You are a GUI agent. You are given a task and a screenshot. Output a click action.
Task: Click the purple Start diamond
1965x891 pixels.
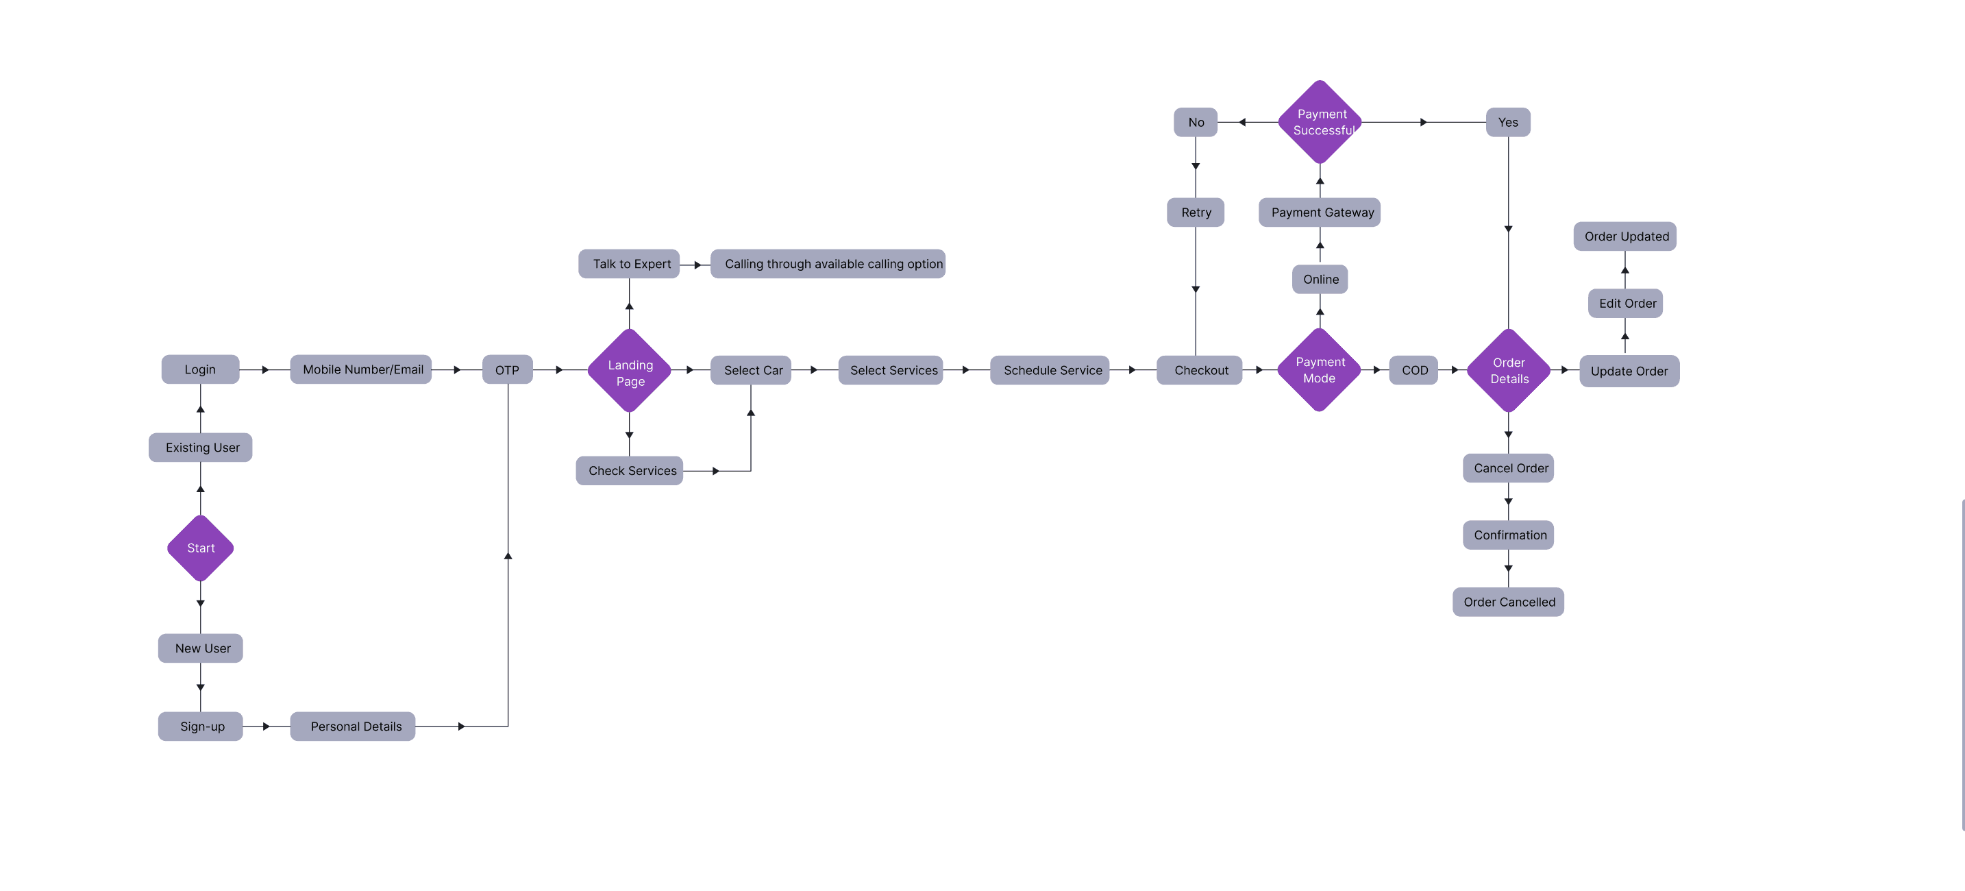201,548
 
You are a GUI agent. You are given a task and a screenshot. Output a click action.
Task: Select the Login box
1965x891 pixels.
200,369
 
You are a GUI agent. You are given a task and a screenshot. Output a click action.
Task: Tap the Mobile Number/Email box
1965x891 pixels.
362,369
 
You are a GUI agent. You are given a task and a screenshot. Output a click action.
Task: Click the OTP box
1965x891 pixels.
507,370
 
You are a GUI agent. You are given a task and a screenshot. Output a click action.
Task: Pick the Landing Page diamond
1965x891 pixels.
630,371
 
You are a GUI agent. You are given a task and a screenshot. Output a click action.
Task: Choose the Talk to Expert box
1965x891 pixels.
630,264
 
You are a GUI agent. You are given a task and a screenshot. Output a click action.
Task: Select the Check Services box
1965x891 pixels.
630,471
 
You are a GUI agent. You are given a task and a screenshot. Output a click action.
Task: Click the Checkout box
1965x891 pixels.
1200,370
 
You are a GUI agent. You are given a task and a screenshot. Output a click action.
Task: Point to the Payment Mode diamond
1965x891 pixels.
1319,370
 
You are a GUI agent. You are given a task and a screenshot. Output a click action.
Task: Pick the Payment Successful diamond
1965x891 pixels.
1320,122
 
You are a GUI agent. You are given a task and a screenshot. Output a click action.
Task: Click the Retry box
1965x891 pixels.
1196,212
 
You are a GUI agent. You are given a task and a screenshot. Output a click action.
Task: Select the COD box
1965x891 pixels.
1413,370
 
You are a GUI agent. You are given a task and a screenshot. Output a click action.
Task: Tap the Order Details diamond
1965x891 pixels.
1508,371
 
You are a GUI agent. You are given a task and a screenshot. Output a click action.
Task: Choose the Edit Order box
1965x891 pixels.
1626,303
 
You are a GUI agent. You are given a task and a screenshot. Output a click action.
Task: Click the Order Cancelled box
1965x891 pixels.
1508,602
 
